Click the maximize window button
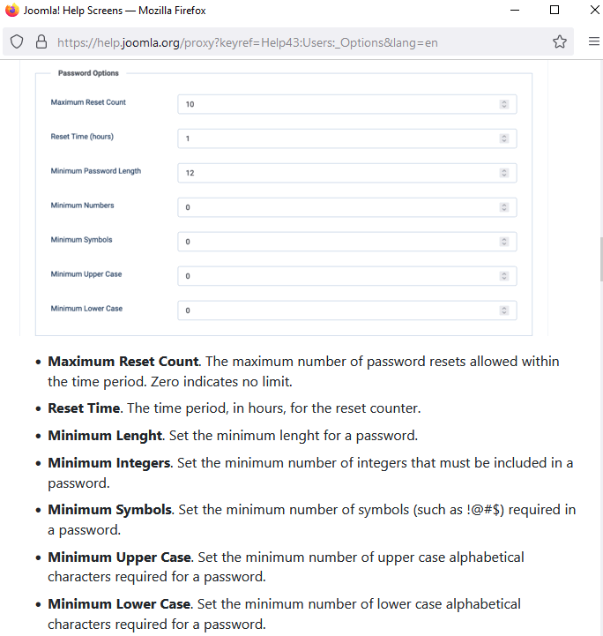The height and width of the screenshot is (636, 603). coord(555,10)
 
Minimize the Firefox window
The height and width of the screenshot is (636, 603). coord(515,10)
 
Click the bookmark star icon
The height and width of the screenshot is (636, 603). coord(559,41)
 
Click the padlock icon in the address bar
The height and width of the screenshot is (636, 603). coord(41,41)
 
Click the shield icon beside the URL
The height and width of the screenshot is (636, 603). coord(17,41)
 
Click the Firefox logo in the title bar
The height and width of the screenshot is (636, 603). coord(11,10)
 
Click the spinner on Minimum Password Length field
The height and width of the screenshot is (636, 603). coord(504,173)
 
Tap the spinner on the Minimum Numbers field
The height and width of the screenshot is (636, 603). coord(504,207)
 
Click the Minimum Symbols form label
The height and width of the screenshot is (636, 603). coord(81,240)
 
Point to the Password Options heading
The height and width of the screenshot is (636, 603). coord(88,73)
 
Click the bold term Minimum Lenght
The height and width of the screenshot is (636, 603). coord(105,435)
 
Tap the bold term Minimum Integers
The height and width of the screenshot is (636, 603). coord(108,462)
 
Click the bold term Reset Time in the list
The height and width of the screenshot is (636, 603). coord(83,408)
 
